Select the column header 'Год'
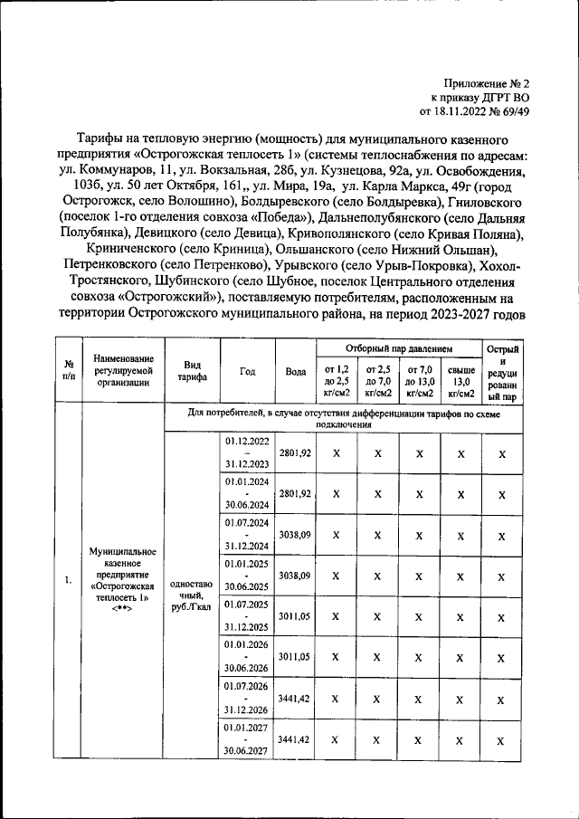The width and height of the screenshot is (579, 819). coord(247,371)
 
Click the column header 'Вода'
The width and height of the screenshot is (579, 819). coord(295,371)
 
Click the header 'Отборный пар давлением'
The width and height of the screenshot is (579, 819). coord(398,348)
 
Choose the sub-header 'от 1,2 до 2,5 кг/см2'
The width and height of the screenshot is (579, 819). coord(336,381)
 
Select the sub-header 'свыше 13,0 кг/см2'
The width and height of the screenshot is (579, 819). coord(461,381)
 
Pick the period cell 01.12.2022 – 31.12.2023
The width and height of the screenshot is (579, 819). coord(247,452)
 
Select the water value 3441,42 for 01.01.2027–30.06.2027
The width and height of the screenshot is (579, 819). coord(295,739)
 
